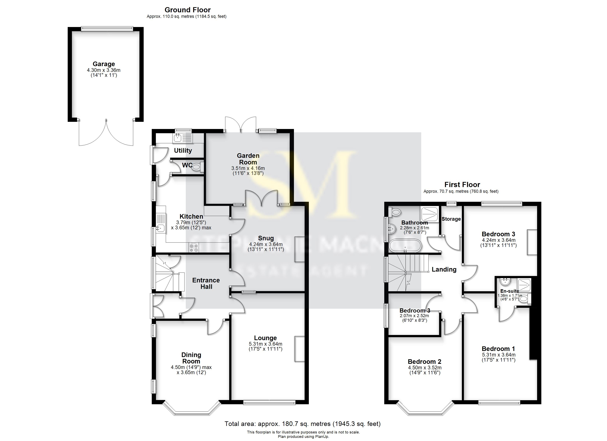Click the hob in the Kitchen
(194, 247)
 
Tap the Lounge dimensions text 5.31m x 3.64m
(265, 344)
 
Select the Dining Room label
(191, 358)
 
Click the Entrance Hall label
(206, 283)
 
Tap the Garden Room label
(248, 159)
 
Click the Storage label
(451, 219)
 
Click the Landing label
(444, 269)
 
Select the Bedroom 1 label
(498, 349)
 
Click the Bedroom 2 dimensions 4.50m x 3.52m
(425, 368)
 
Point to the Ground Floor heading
(187, 10)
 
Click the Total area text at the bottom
(302, 424)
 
